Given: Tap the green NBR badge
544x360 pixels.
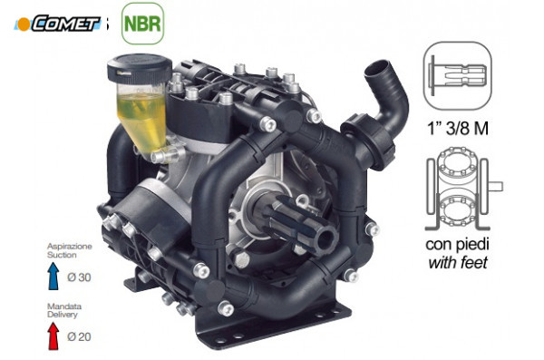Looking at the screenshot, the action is point(142,24).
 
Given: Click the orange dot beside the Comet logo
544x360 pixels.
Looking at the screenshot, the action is point(24,24).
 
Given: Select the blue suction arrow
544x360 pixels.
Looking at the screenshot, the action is point(53,276).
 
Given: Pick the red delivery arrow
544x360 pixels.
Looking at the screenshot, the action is point(53,336).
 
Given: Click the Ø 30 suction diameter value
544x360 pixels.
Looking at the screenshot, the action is point(79,277).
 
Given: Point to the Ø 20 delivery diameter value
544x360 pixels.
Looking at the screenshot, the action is point(79,336).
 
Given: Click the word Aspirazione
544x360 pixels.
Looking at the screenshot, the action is point(70,247).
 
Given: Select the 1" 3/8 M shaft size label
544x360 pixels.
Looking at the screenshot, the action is point(458,129).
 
